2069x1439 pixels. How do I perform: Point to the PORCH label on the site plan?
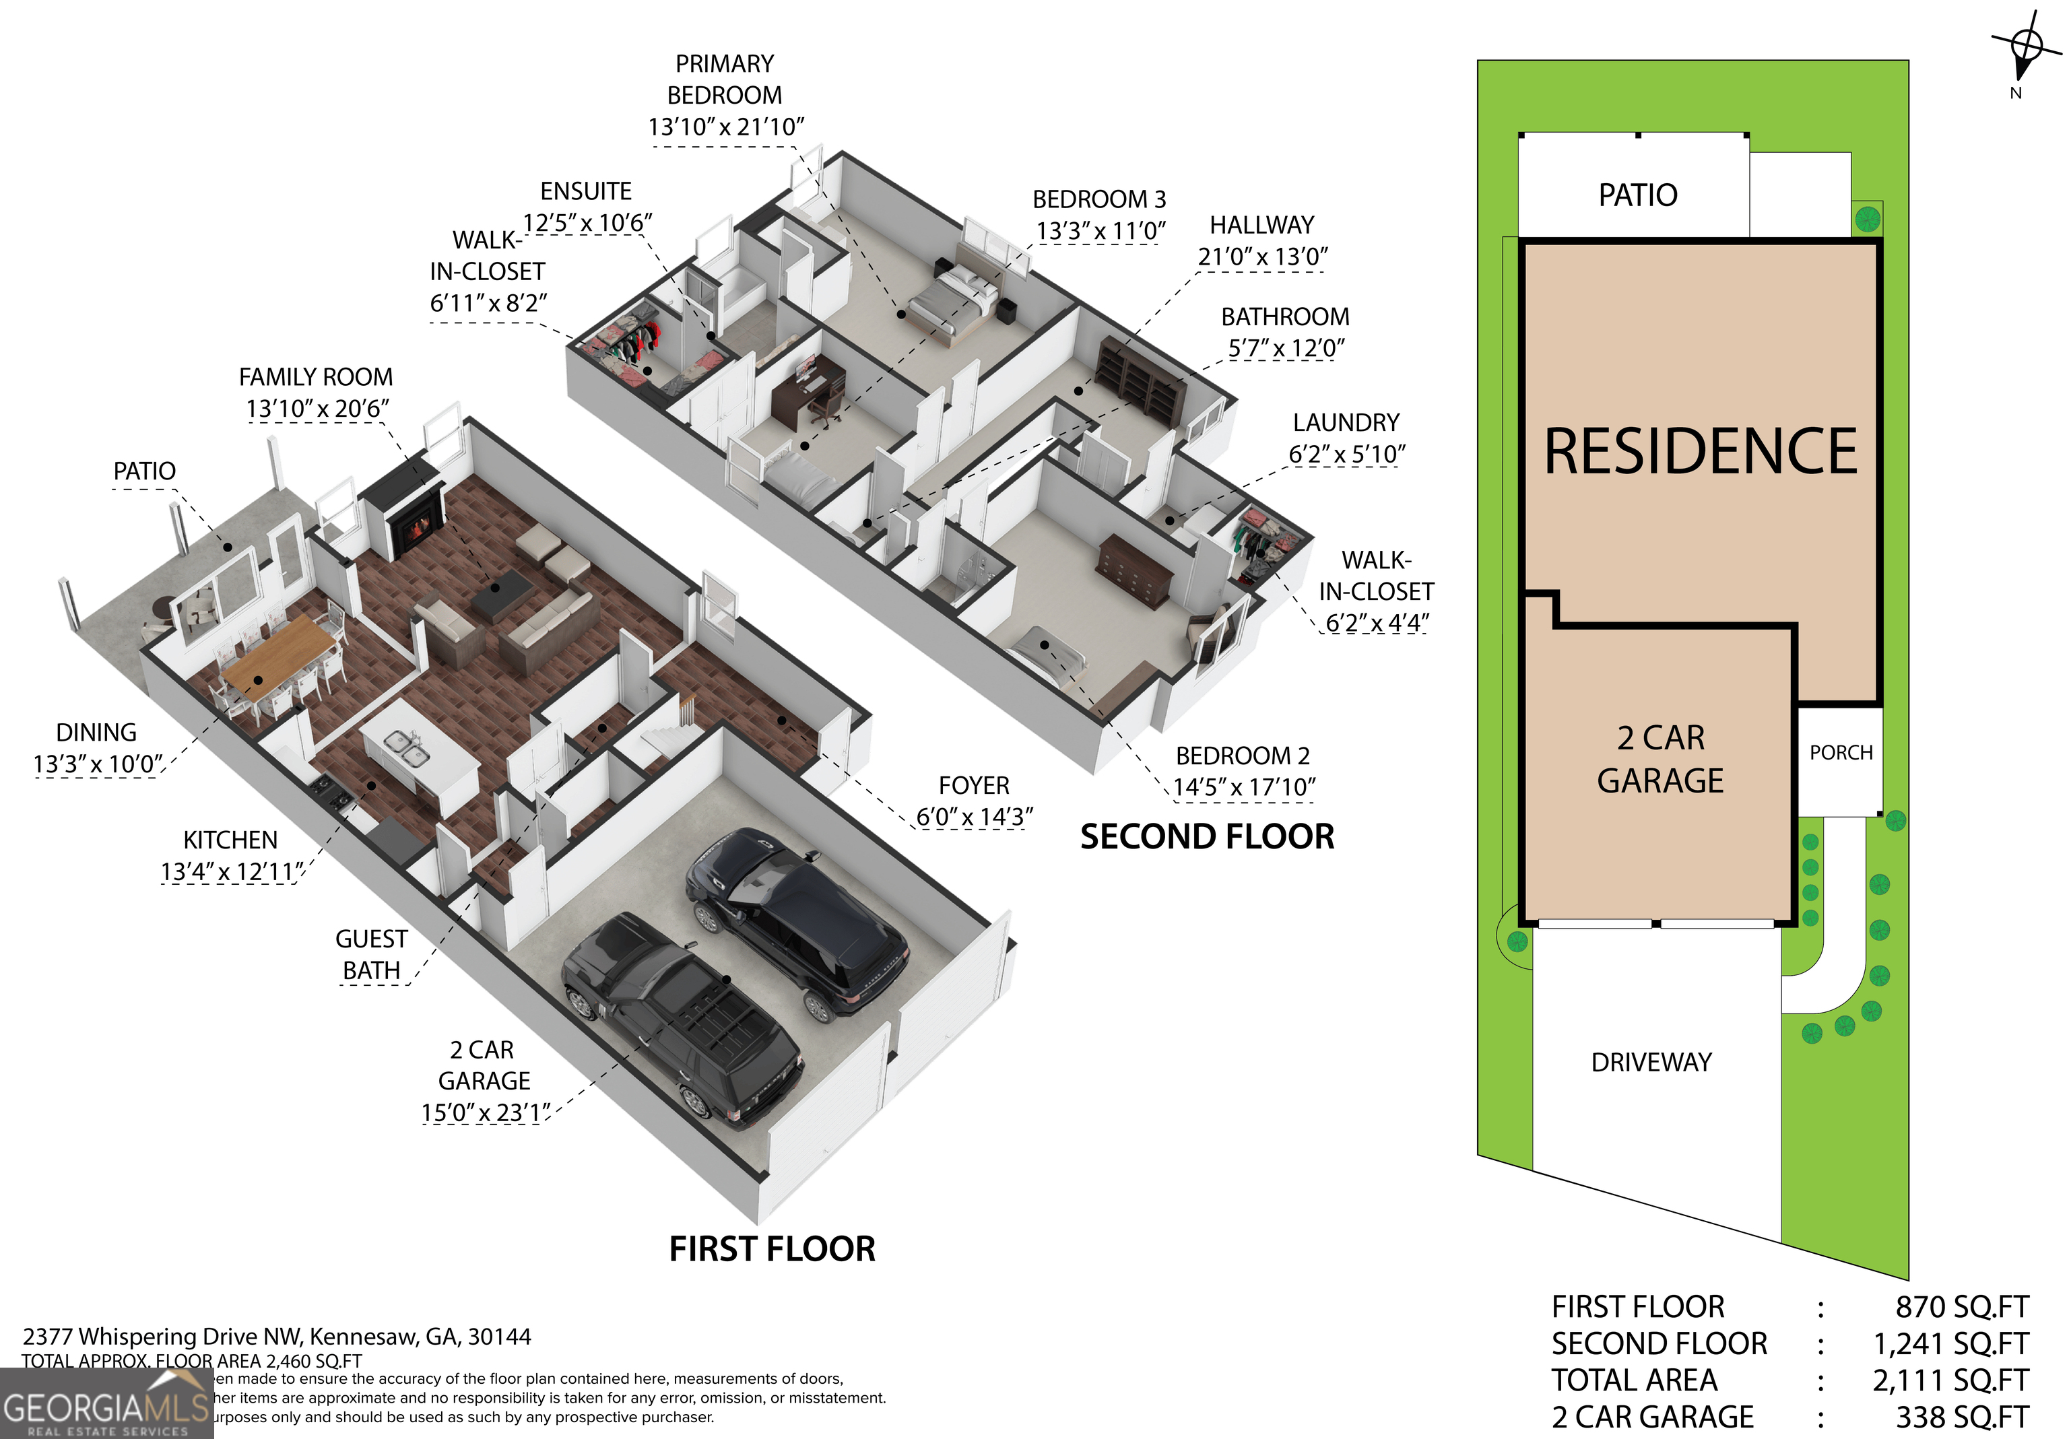click(x=1840, y=752)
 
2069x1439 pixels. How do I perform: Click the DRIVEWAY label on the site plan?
click(x=1651, y=1063)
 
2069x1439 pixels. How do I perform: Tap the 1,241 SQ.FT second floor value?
click(x=1950, y=1343)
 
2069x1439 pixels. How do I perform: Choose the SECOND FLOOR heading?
click(x=1207, y=837)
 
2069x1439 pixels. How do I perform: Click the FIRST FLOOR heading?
click(x=771, y=1249)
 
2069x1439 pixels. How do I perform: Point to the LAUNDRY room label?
click(x=1346, y=423)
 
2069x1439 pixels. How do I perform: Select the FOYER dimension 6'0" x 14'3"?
click(x=973, y=816)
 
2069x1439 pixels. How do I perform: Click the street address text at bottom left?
click(x=277, y=1336)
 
